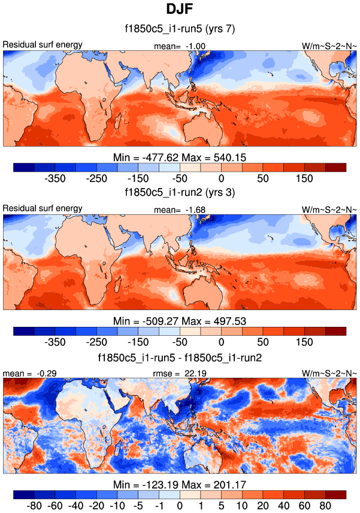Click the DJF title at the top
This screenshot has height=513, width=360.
pos(180,10)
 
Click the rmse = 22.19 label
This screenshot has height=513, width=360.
pos(179,374)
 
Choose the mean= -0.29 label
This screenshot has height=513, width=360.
pos(21,374)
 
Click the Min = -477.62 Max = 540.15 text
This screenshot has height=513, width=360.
pos(180,157)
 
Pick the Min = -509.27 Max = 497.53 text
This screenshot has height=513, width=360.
pos(180,321)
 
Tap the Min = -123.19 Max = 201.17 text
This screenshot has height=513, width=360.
pos(180,485)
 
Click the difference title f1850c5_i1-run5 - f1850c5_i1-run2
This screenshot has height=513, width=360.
pos(180,357)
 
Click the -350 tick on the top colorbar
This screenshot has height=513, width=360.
pos(55,178)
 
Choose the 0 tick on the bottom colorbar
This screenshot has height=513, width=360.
pos(180,506)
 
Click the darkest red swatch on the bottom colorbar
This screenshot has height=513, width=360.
pos(335,494)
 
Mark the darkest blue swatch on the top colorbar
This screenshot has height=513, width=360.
pos(23,166)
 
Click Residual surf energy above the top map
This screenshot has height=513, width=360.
pos(43,45)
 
